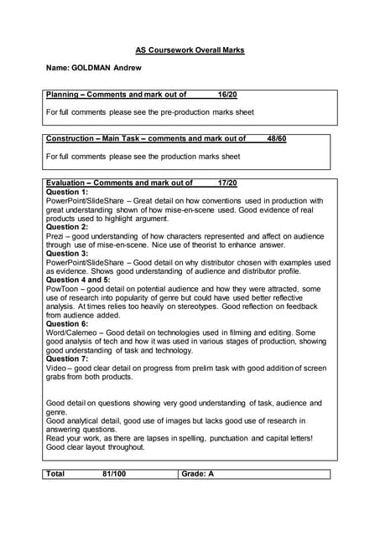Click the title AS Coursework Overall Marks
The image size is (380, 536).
190,50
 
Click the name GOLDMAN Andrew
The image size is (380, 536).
94,67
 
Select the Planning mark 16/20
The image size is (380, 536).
227,95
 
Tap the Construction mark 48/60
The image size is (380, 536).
276,138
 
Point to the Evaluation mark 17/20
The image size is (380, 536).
227,183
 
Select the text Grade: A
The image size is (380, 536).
198,474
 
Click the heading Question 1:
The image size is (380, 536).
66,192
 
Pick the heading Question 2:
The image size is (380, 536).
66,227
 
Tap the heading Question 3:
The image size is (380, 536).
66,253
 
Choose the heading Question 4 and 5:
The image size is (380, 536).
78,280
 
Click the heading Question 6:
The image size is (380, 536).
66,323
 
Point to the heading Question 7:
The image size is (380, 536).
66,358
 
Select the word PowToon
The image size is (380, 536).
61,288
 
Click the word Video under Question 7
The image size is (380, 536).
55,368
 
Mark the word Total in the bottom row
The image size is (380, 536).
55,474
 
